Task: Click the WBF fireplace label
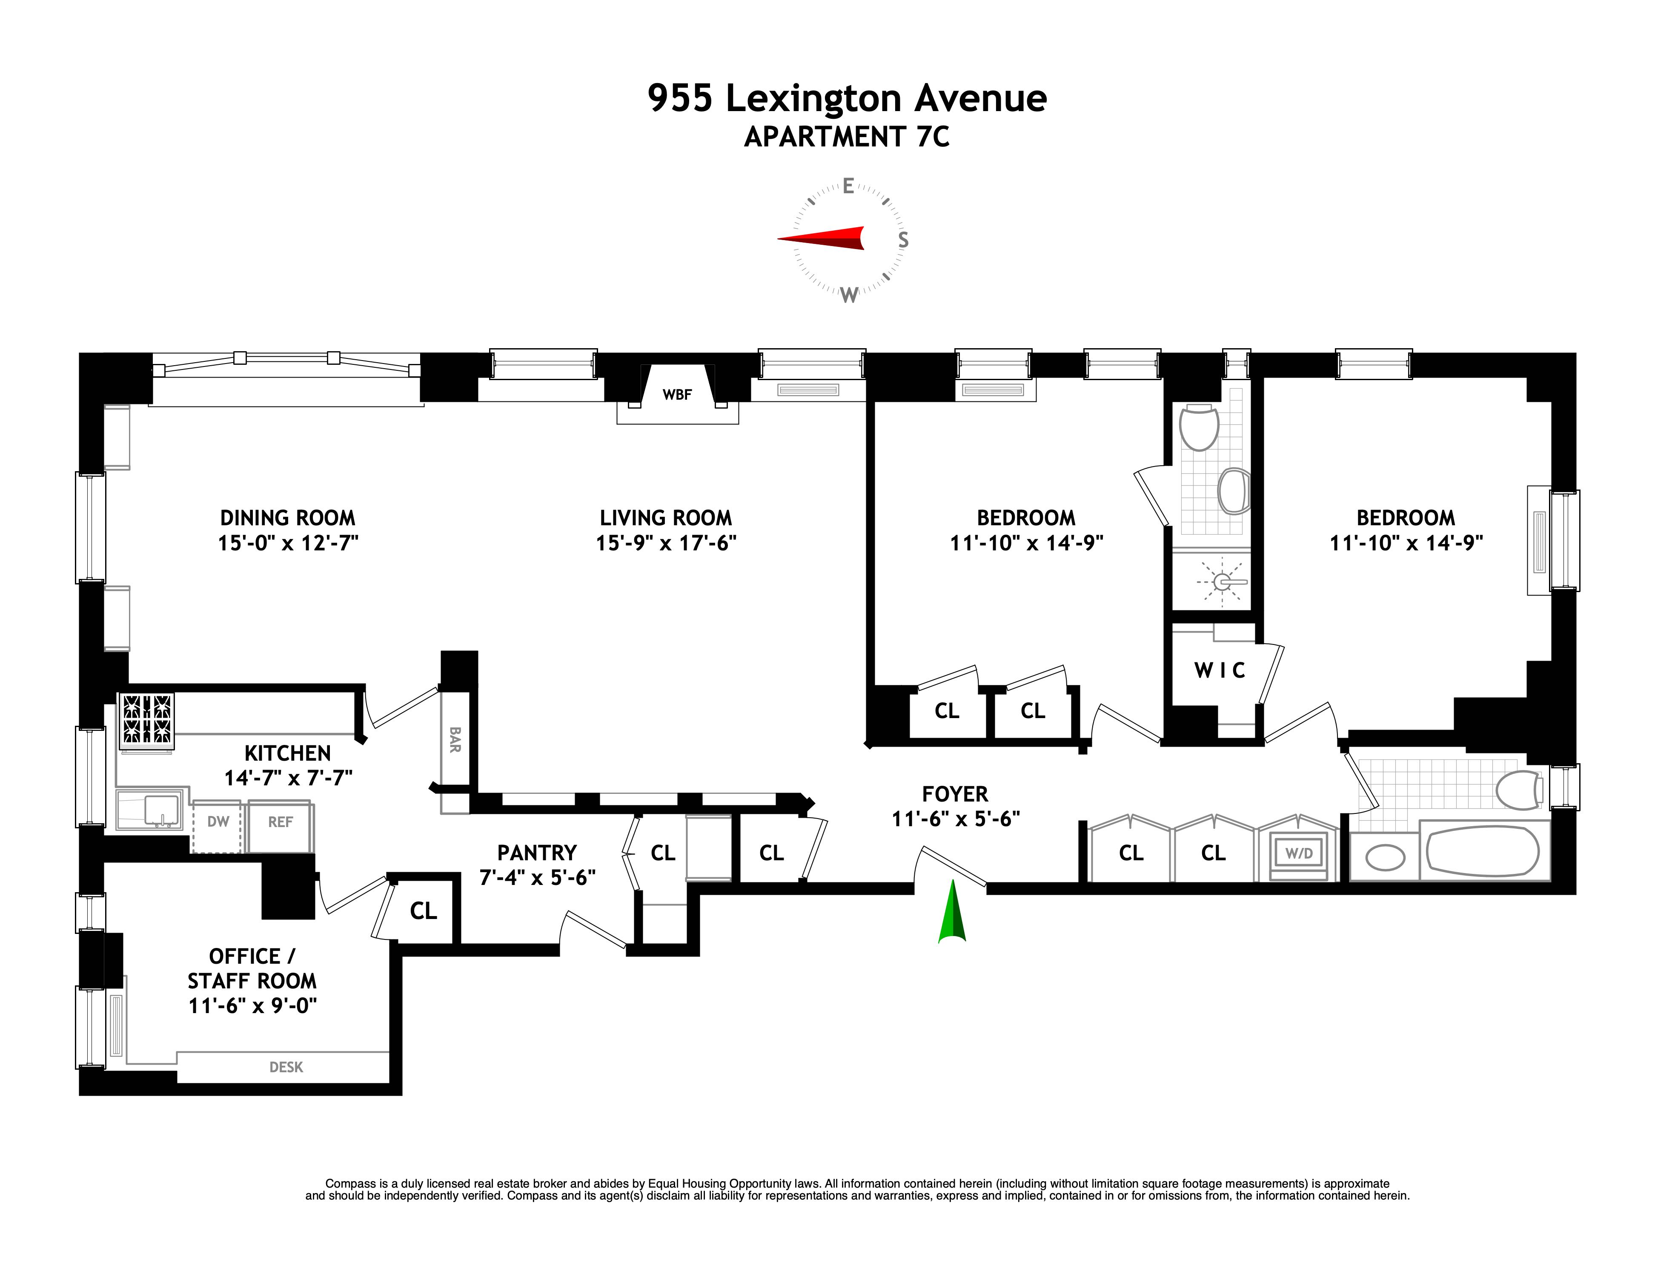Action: coord(677,394)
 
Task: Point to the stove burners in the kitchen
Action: coord(148,719)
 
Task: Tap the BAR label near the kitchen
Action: coord(455,740)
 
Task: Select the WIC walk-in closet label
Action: coord(1219,670)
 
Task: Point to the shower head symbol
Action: coord(1222,582)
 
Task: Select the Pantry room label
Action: coord(536,853)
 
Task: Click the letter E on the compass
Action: coord(848,186)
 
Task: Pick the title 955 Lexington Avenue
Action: coord(847,98)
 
